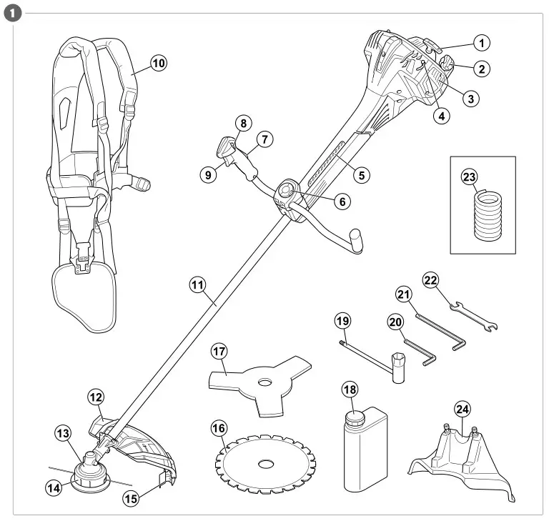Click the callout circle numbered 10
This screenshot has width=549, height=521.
pyautogui.click(x=158, y=64)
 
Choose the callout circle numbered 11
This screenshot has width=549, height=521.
pyautogui.click(x=198, y=284)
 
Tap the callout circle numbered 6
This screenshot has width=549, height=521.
pyautogui.click(x=342, y=202)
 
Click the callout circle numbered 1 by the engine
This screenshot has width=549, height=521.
pyautogui.click(x=483, y=44)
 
